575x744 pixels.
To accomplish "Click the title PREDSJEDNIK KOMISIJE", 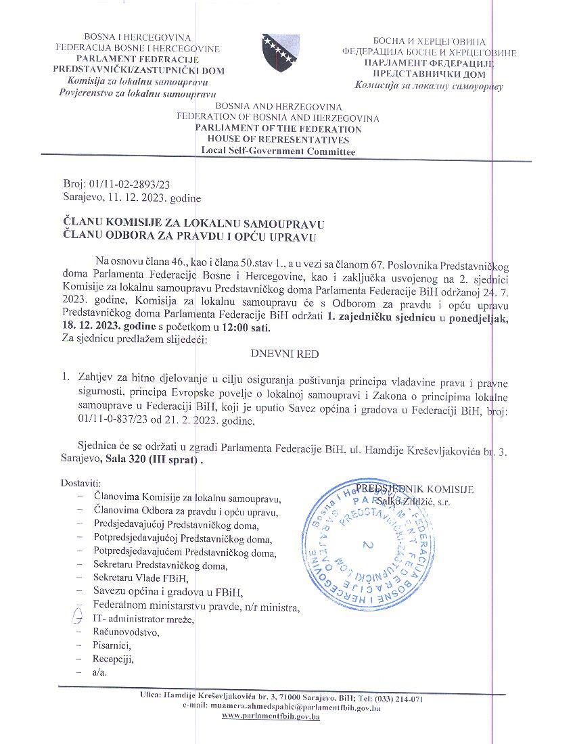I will coord(415,490).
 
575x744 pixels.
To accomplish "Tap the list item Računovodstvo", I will coord(126,632).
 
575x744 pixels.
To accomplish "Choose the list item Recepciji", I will coord(114,659).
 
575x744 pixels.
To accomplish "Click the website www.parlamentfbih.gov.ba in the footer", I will coord(271,716).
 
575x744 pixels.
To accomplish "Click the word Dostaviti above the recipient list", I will coord(80,484).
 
